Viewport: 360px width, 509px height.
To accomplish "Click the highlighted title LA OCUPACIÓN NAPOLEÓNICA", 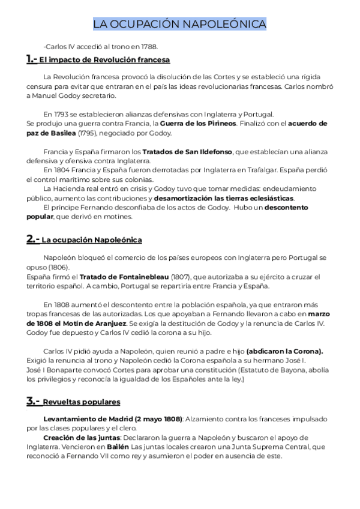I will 180,25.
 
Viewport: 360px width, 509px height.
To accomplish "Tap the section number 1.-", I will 32,59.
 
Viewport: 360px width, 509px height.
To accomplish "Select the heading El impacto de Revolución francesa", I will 105,60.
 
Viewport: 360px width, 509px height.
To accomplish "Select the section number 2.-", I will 33,239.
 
